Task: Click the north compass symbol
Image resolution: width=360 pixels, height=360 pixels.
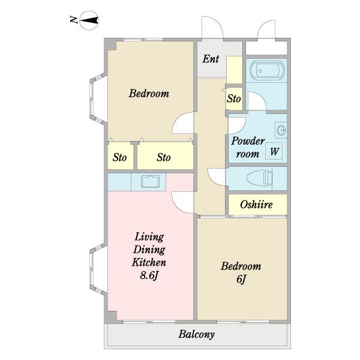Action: click(x=89, y=20)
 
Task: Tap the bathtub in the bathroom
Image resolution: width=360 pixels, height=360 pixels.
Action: click(x=267, y=70)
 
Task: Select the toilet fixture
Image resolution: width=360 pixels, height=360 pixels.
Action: click(x=259, y=178)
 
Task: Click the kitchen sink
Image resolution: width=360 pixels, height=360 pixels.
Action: click(x=150, y=182)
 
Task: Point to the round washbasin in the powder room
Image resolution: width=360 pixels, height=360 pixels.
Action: click(x=281, y=130)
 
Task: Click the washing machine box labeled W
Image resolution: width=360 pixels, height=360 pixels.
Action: click(x=274, y=151)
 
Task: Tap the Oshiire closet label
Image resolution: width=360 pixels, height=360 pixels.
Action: click(x=256, y=205)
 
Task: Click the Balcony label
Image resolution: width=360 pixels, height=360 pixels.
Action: click(x=197, y=334)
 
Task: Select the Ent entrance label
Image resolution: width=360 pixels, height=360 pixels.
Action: click(x=211, y=59)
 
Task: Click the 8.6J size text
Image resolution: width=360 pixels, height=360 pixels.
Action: click(x=149, y=275)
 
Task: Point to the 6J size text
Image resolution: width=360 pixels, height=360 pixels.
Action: click(x=241, y=279)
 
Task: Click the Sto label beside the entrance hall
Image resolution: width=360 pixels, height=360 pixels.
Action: click(x=234, y=98)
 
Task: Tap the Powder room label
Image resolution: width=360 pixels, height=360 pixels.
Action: click(x=248, y=147)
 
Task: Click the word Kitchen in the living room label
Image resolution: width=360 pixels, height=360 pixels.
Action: click(x=149, y=262)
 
